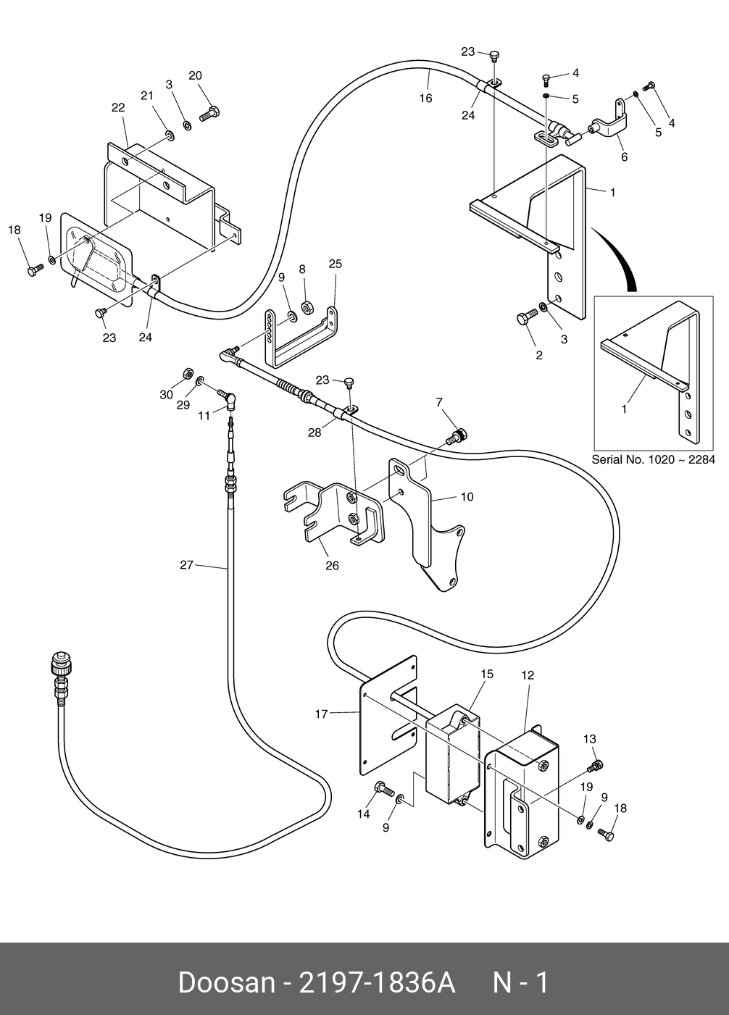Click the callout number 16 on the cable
[425, 99]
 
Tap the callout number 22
[118, 108]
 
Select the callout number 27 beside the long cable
[187, 564]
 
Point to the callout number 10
[467, 496]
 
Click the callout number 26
[333, 566]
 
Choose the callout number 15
[487, 674]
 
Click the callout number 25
[336, 264]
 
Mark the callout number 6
[624, 156]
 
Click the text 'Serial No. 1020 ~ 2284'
[654, 459]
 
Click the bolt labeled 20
[210, 113]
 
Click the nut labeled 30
[186, 374]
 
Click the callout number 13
[589, 739]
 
